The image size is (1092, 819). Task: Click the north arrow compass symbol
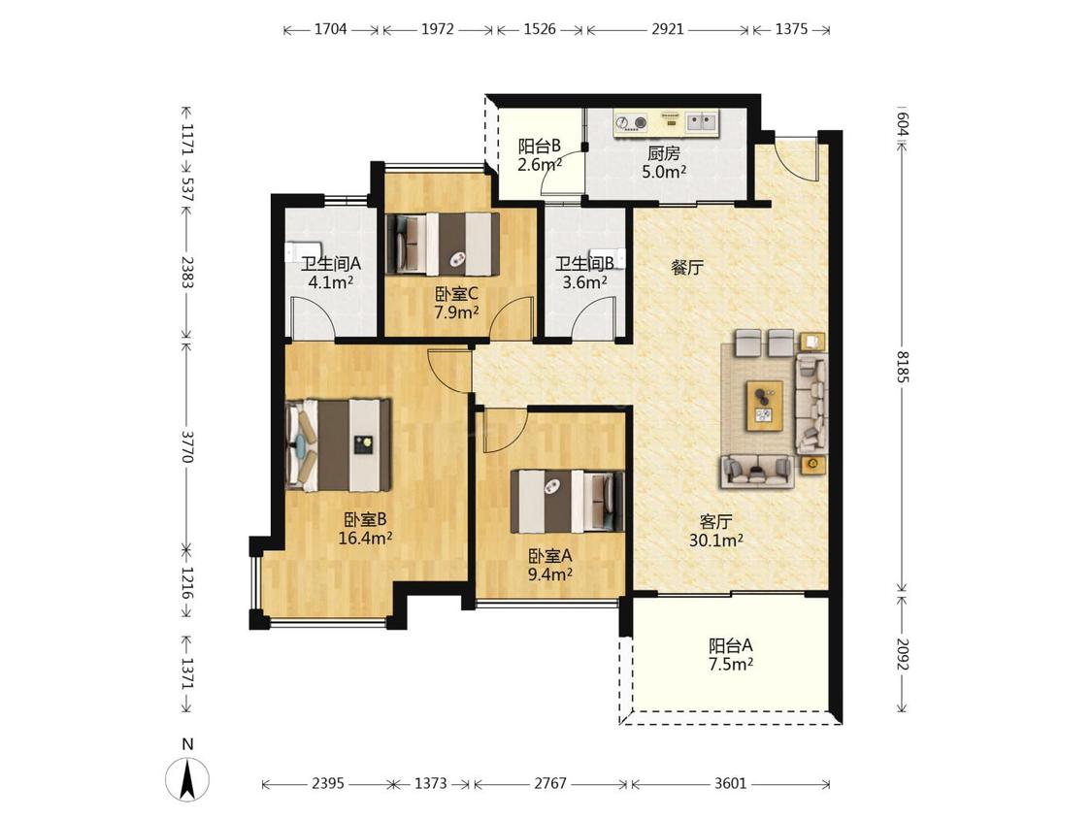(x=186, y=777)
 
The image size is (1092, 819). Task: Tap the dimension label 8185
(x=903, y=367)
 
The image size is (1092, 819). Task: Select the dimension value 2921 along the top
(x=667, y=29)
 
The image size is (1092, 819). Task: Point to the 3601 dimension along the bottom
(x=730, y=783)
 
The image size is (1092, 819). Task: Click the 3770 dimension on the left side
(x=186, y=445)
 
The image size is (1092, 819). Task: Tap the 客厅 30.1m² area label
(x=716, y=531)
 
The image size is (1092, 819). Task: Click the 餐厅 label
(x=686, y=268)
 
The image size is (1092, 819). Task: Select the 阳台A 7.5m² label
(x=731, y=655)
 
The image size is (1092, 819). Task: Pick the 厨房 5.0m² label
(x=664, y=162)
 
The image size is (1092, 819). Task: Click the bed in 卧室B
(x=339, y=444)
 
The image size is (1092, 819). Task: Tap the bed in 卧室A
(x=568, y=501)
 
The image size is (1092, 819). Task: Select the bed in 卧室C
(x=443, y=244)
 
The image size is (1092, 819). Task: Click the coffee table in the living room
(x=765, y=406)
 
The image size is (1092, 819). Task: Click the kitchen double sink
(x=702, y=123)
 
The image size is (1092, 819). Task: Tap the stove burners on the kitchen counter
(x=631, y=124)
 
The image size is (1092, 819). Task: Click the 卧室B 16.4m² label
(x=365, y=529)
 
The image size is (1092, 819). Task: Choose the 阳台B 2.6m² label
(x=540, y=155)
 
